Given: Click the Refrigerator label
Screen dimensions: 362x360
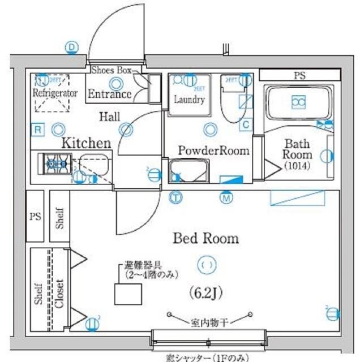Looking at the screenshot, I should click(54, 93).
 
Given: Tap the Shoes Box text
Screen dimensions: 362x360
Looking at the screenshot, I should click(112, 70).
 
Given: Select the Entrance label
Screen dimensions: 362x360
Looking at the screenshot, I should click(110, 93).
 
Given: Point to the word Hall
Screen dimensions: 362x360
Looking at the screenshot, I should click(109, 117).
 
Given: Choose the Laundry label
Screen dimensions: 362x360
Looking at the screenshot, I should click(189, 100).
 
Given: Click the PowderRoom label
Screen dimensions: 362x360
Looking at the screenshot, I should click(214, 150).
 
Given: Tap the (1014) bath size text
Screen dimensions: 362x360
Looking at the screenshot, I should click(298, 166).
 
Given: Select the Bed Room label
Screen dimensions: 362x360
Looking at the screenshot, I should click(205, 238).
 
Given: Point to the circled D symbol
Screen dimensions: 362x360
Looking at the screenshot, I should click(71, 48).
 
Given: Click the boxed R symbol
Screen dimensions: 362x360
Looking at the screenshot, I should click(38, 130).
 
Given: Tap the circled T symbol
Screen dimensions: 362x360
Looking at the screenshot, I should click(177, 197).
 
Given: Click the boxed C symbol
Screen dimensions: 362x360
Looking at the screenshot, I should click(246, 124).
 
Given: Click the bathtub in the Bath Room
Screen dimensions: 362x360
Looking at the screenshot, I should click(298, 102).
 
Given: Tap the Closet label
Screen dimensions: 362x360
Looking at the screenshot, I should click(59, 294).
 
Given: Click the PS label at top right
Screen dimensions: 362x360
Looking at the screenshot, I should click(298, 75).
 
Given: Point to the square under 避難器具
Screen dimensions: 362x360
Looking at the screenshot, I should click(128, 294).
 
